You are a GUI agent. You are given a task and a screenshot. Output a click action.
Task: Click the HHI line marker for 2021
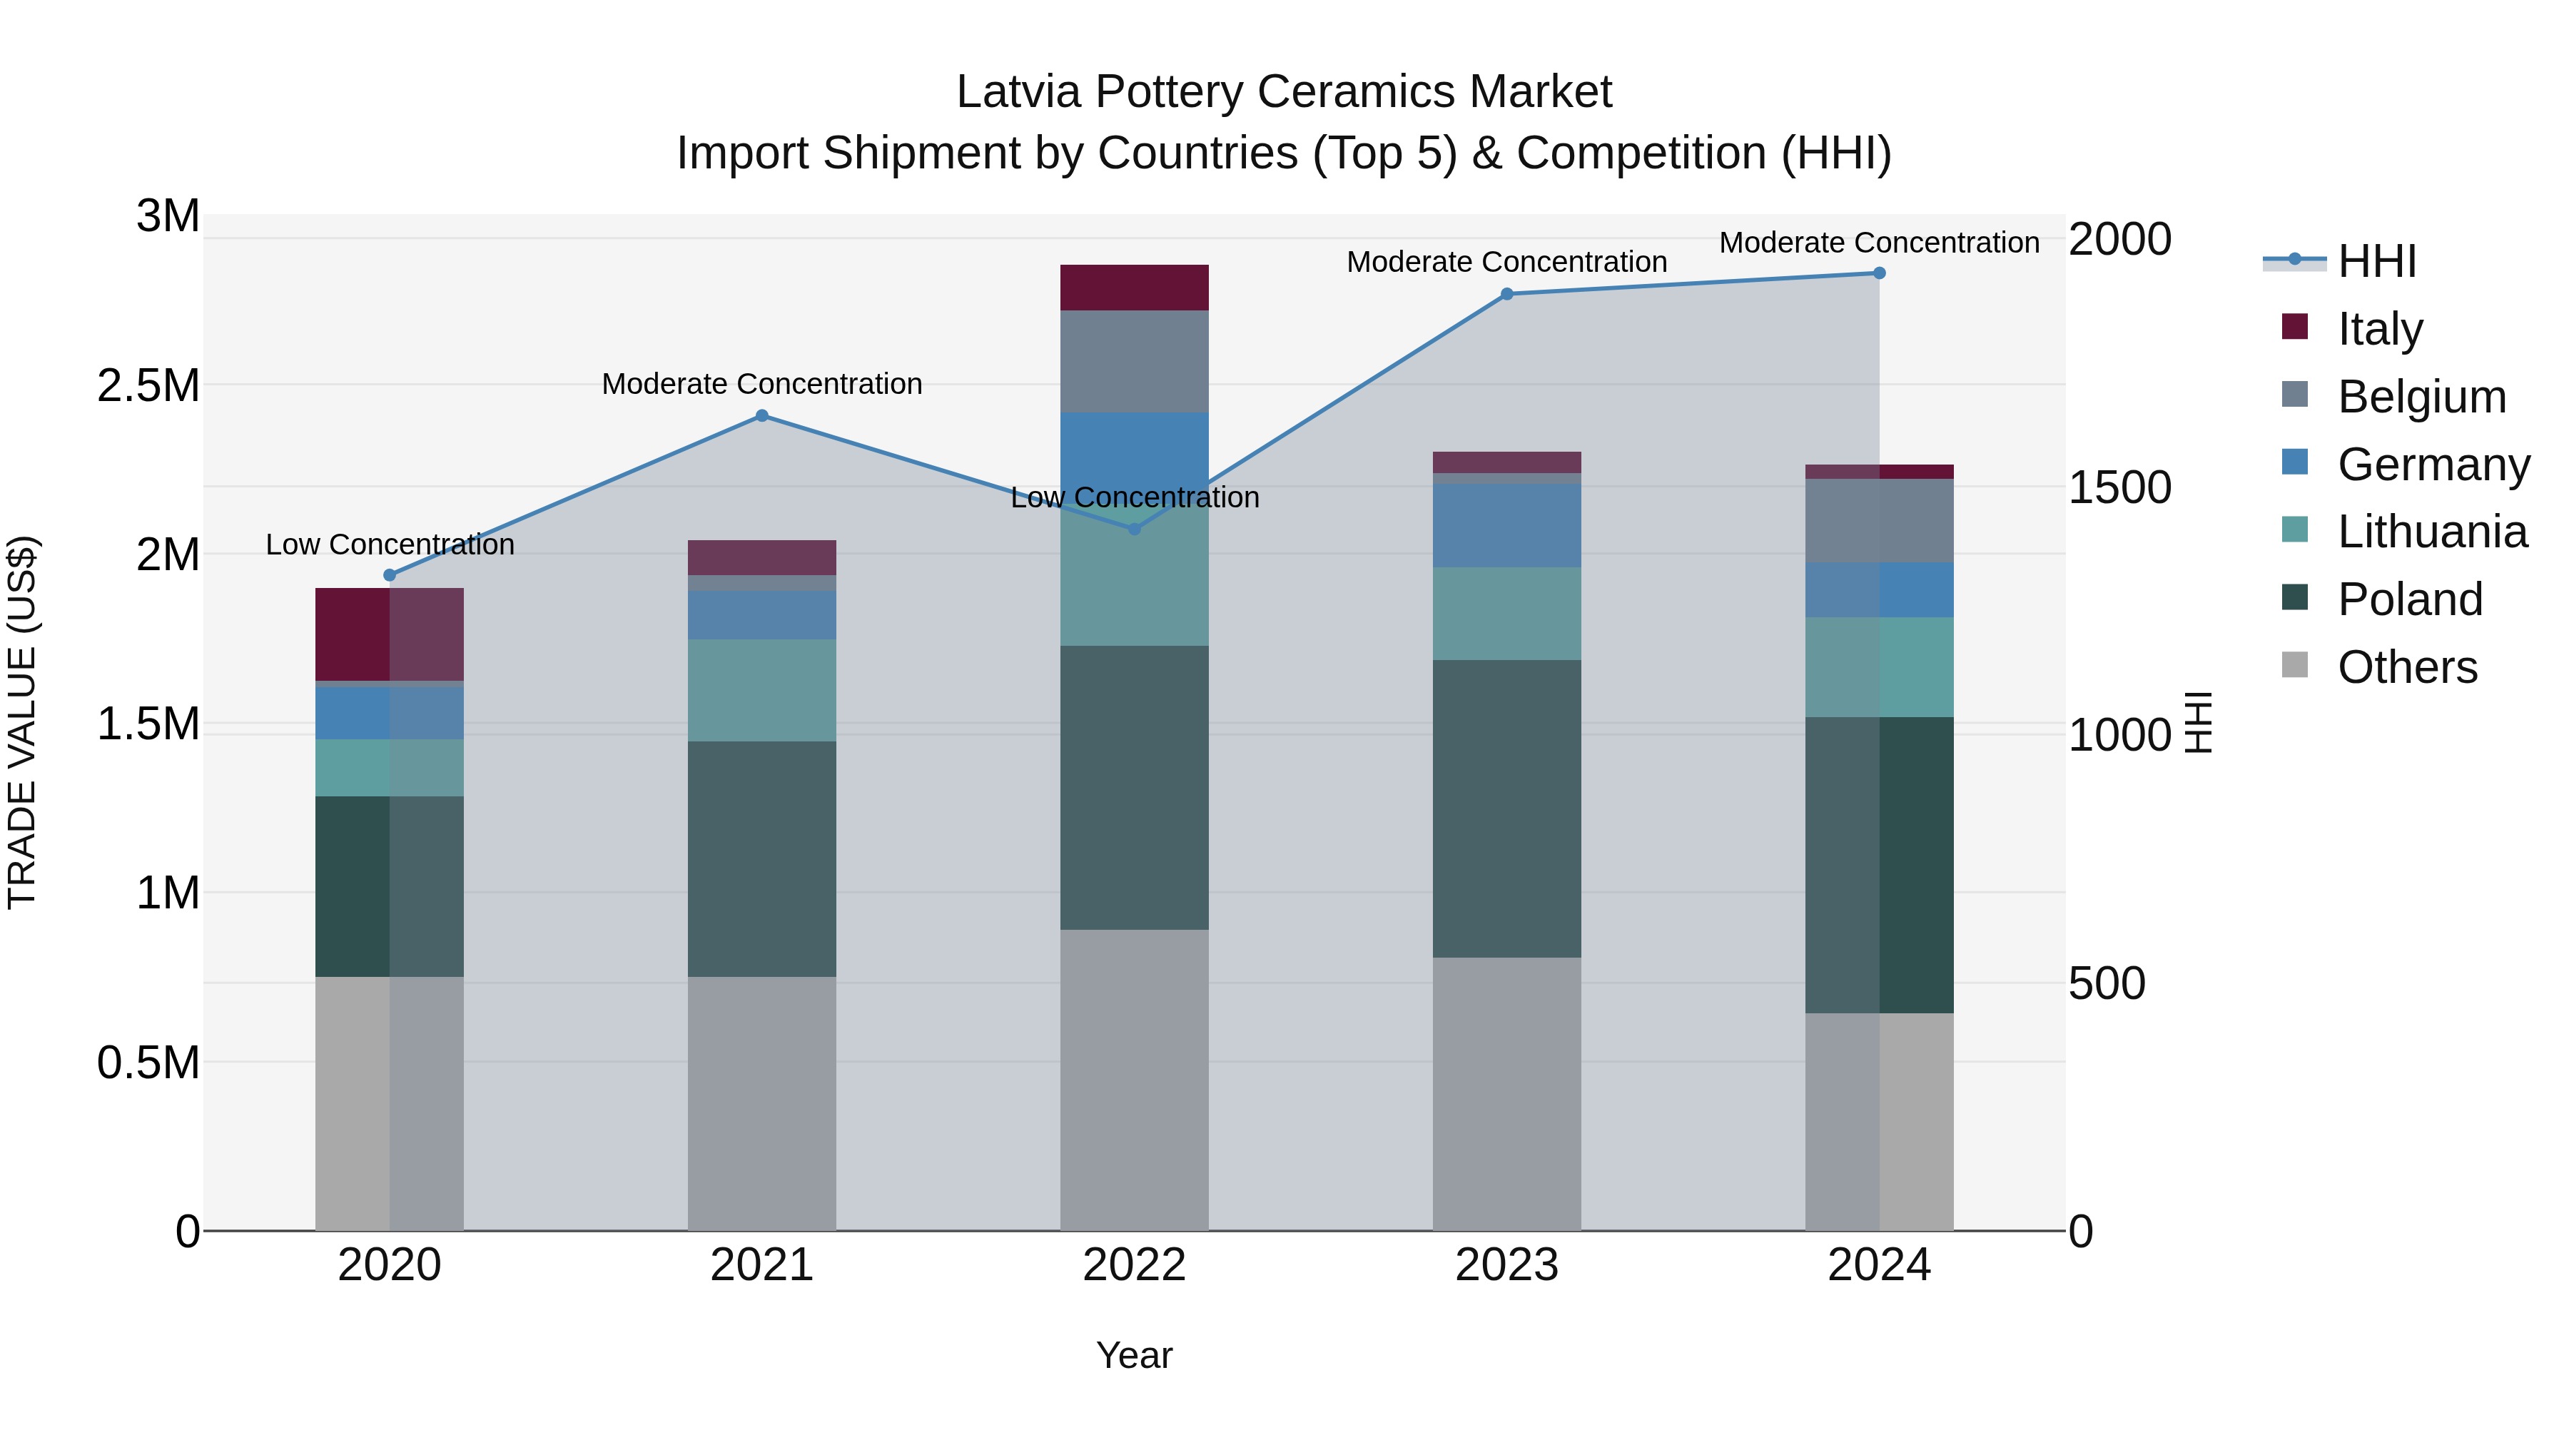click(x=762, y=416)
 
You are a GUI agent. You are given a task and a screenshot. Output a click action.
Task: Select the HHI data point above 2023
click(x=1507, y=294)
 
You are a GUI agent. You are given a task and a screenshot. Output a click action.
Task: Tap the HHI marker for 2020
click(x=390, y=575)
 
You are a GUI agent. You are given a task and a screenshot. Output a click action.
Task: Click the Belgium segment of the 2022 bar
click(x=1134, y=361)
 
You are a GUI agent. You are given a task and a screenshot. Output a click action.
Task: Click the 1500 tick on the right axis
click(x=2119, y=487)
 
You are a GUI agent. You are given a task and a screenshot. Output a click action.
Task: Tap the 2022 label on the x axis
click(x=1134, y=1265)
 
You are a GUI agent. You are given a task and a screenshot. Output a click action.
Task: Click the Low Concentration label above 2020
click(x=390, y=544)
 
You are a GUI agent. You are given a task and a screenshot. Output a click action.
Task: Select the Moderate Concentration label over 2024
click(x=1879, y=243)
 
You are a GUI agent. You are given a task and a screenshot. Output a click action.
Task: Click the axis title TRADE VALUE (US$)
click(x=22, y=722)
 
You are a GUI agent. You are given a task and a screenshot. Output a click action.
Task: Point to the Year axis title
click(x=1134, y=1355)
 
